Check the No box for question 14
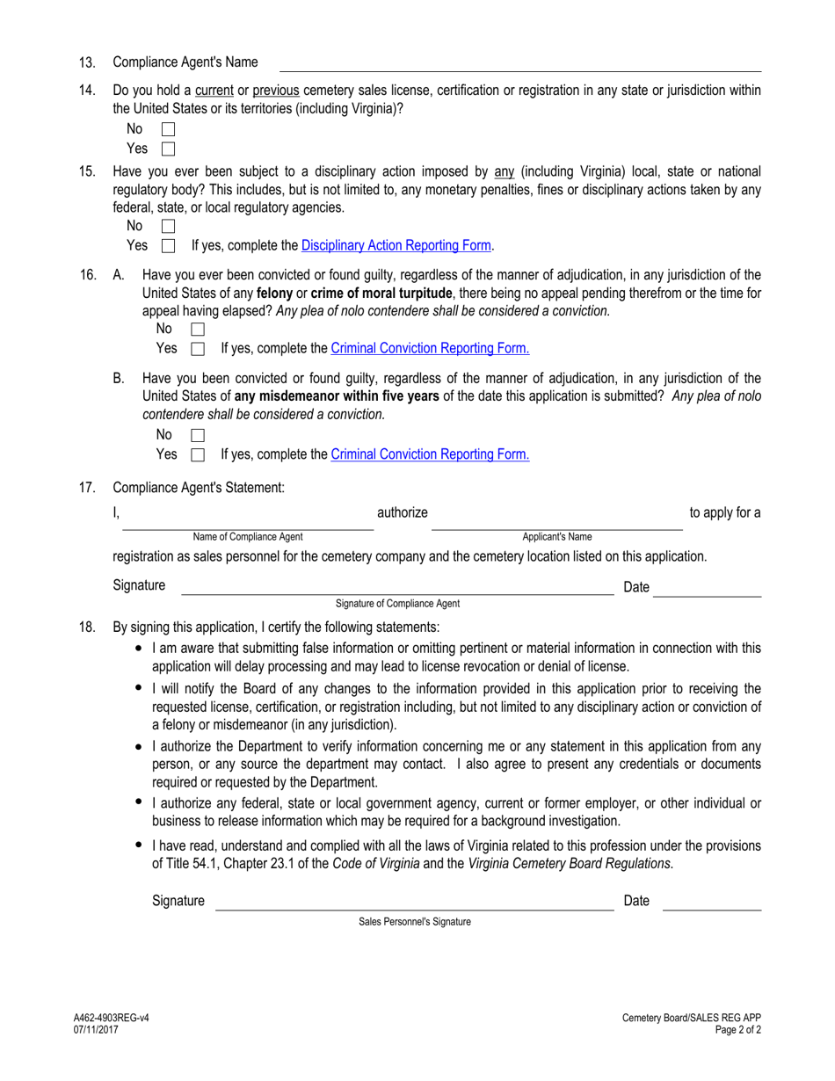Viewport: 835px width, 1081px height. [169, 130]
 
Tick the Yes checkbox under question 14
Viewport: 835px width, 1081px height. [169, 149]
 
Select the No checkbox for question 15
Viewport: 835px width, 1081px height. [169, 227]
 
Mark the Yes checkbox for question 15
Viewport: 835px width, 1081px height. [169, 246]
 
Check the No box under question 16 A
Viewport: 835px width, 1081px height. [198, 330]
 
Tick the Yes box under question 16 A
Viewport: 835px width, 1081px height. [198, 349]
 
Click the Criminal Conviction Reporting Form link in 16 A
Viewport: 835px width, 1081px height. [430, 349]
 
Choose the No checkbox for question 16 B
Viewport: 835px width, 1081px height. [198, 435]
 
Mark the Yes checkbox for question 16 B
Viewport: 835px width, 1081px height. [198, 455]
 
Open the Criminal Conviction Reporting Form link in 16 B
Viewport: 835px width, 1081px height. [430, 454]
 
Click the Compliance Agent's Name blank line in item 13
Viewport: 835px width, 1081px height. [520, 63]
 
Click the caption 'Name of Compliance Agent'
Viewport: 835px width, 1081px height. [248, 537]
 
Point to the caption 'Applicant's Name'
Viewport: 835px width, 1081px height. [557, 537]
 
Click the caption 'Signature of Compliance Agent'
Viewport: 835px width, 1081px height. [397, 604]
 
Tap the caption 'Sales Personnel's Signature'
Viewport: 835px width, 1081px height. [414, 922]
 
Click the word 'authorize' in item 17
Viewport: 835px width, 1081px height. [403, 512]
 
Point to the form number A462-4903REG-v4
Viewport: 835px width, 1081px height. [111, 1018]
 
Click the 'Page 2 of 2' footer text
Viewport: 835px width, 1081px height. [737, 1030]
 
